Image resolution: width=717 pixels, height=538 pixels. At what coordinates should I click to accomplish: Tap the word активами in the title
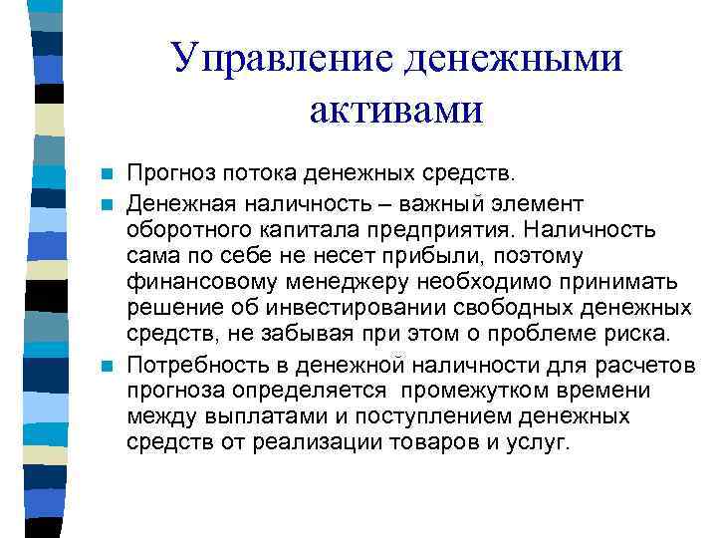click(395, 109)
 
